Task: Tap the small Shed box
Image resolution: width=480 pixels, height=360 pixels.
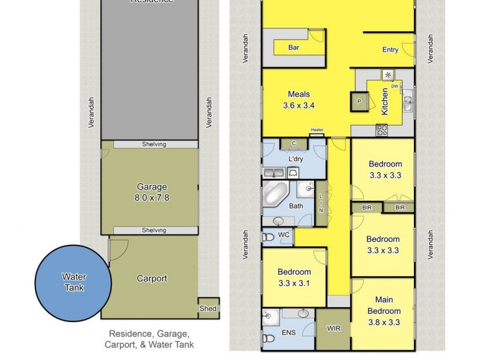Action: point(209,308)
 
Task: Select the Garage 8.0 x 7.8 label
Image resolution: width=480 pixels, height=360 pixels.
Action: point(151,191)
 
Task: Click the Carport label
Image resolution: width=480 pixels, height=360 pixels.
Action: point(152,278)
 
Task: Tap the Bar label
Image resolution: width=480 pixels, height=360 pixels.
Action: point(294,47)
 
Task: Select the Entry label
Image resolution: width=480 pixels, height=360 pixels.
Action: point(390,50)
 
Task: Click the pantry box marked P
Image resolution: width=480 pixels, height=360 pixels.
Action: point(359,102)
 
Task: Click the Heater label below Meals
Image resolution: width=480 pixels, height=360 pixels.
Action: point(317,130)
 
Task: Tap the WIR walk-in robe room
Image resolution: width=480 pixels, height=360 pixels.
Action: point(334,329)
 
